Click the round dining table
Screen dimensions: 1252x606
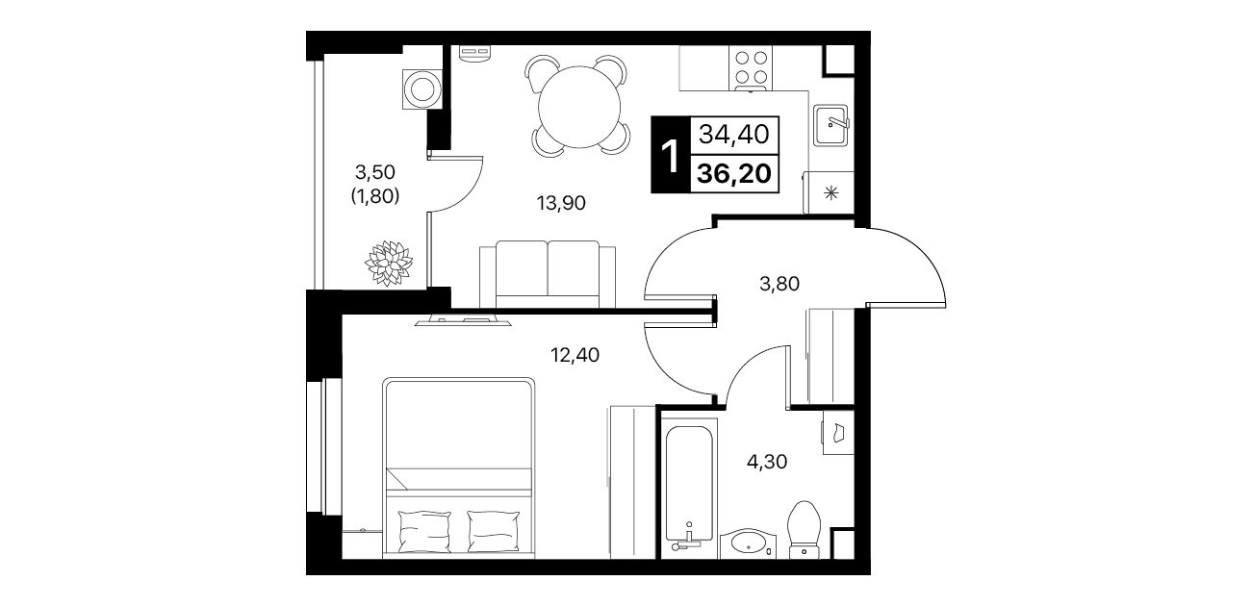579,107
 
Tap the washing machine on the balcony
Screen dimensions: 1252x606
422,88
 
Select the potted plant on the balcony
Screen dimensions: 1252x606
389,263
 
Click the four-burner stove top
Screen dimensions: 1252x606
751,67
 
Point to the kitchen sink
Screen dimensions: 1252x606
830,125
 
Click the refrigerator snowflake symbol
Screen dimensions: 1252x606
831,193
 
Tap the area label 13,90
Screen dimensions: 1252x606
561,203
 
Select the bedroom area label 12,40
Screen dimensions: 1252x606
575,355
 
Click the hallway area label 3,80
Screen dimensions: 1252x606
779,285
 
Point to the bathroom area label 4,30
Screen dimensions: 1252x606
767,462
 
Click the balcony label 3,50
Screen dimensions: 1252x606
375,172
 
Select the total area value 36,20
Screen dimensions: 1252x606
734,174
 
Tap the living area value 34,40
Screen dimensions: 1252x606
734,135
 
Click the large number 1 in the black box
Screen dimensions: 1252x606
670,157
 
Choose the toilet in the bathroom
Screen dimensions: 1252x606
804,529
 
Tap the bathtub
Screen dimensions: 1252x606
689,492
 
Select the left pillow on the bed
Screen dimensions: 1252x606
424,531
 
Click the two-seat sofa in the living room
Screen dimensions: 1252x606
548,274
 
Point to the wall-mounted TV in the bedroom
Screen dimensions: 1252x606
463,321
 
